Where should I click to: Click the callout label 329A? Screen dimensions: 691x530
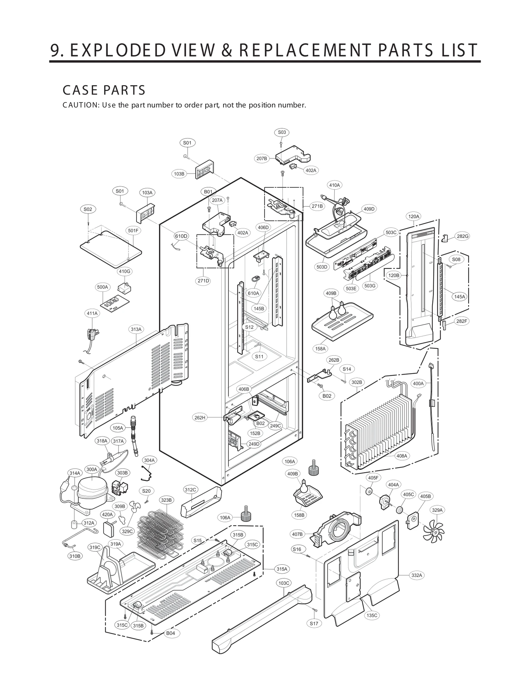437,510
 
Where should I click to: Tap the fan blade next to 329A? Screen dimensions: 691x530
434,532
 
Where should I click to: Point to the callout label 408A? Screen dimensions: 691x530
402,456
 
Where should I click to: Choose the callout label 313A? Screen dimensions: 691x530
136,329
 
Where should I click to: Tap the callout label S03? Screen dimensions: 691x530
282,132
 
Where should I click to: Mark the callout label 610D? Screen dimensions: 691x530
181,236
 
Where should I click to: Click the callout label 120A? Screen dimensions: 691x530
413,217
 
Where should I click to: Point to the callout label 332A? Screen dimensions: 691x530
417,575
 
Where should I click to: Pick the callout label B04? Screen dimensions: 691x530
171,633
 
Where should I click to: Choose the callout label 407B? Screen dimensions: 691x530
297,534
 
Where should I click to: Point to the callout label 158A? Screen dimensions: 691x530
320,349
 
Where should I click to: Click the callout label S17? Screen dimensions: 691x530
314,623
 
